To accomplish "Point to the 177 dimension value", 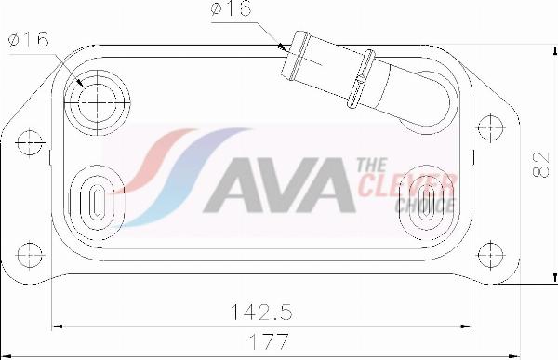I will [270, 340].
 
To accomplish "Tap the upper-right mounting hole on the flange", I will [490, 124].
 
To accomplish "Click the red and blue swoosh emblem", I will [172, 177].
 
